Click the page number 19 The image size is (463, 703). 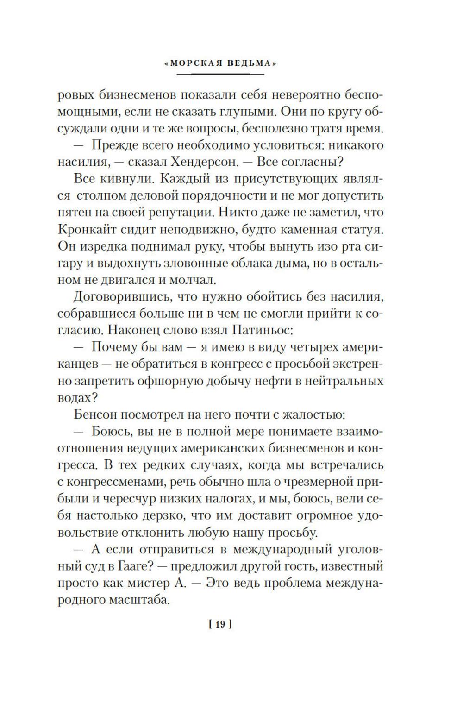click(220, 624)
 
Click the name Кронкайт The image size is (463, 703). click(88, 229)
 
